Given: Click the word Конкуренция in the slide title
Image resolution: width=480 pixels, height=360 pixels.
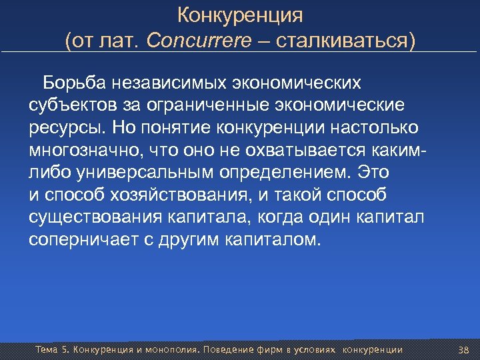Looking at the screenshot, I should pyautogui.click(x=240, y=14).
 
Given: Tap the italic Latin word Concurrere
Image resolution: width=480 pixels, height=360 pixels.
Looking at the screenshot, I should pyautogui.click(x=199, y=41).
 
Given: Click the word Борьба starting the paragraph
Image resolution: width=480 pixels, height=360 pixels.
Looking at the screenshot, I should pyautogui.click(x=69, y=83).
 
